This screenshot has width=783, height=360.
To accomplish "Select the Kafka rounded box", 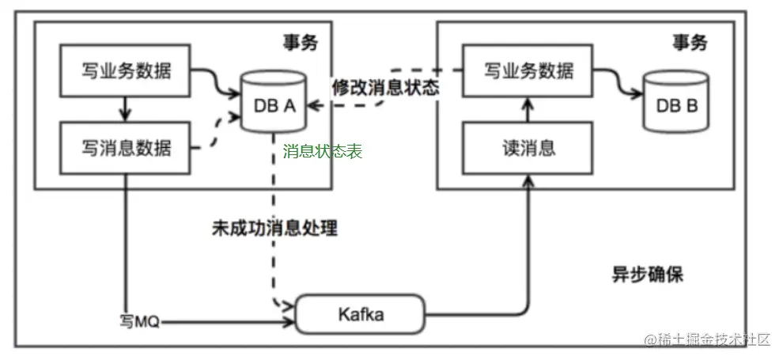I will point(361,315).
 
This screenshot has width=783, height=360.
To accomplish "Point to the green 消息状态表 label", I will point(322,152).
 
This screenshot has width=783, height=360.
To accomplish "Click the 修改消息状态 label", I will point(385,87).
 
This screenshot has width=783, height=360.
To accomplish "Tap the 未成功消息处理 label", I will point(274,229).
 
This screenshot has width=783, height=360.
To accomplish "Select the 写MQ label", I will point(139,322).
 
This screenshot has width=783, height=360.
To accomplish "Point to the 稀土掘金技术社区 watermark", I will point(706,339).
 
